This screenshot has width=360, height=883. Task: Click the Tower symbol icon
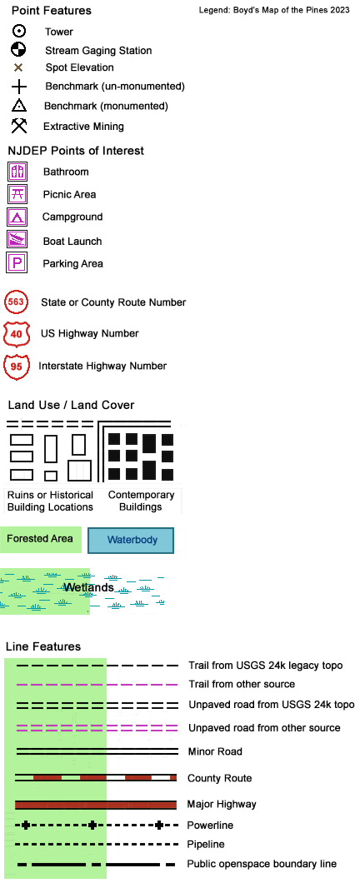[18, 32]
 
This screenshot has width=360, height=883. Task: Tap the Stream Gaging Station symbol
[18, 49]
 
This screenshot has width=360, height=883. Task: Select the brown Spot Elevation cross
[18, 67]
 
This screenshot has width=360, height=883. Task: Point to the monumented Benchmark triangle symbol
[18, 105]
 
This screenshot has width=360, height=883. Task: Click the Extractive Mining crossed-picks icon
[19, 125]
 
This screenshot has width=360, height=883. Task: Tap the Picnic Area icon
[17, 194]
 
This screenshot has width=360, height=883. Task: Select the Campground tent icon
[17, 217]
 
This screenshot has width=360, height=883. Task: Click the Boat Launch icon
[17, 239]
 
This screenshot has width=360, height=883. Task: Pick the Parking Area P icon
[17, 262]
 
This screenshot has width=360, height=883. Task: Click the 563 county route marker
[16, 302]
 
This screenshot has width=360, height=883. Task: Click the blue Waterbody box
[131, 540]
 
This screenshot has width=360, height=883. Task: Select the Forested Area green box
[41, 540]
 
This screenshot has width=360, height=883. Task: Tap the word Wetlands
[88, 587]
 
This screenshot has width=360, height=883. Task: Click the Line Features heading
[43, 646]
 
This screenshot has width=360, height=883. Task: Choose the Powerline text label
[210, 826]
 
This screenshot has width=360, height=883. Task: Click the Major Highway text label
[222, 805]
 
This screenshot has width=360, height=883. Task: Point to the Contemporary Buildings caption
[142, 501]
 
